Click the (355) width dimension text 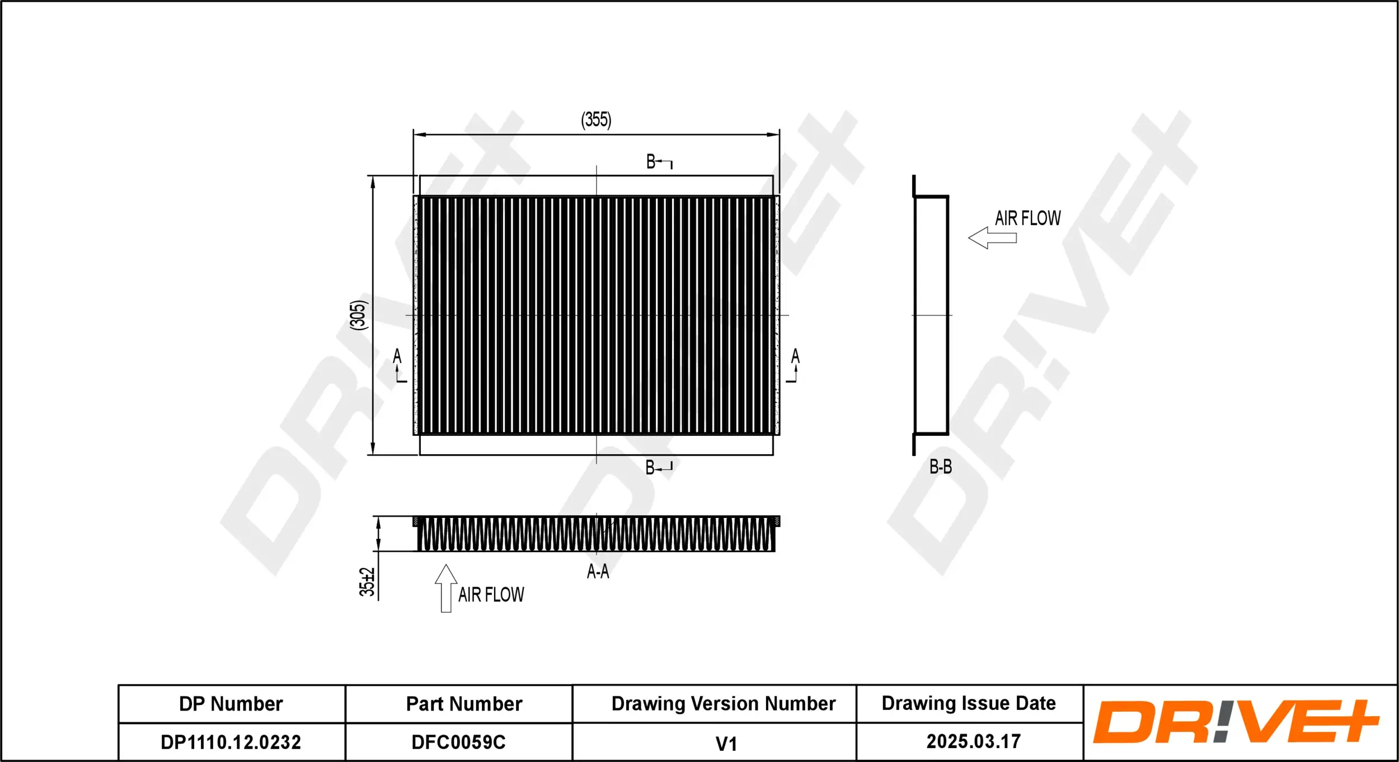click(x=596, y=119)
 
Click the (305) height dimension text click(x=359, y=314)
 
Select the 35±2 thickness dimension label click(x=367, y=582)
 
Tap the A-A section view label click(x=598, y=571)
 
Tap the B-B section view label click(x=940, y=467)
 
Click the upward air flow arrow click(x=446, y=588)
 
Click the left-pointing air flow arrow click(x=992, y=238)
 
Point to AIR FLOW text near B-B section click(x=1027, y=218)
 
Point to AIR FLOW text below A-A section click(x=491, y=594)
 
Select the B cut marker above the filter click(x=659, y=162)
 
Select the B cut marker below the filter click(x=658, y=467)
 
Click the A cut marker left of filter click(x=398, y=365)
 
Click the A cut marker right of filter click(x=794, y=365)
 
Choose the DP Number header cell click(x=231, y=704)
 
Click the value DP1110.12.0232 click(x=231, y=742)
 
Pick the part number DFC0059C click(x=458, y=742)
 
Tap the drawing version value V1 click(x=726, y=744)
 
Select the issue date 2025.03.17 click(x=973, y=742)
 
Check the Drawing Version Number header click(x=723, y=704)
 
